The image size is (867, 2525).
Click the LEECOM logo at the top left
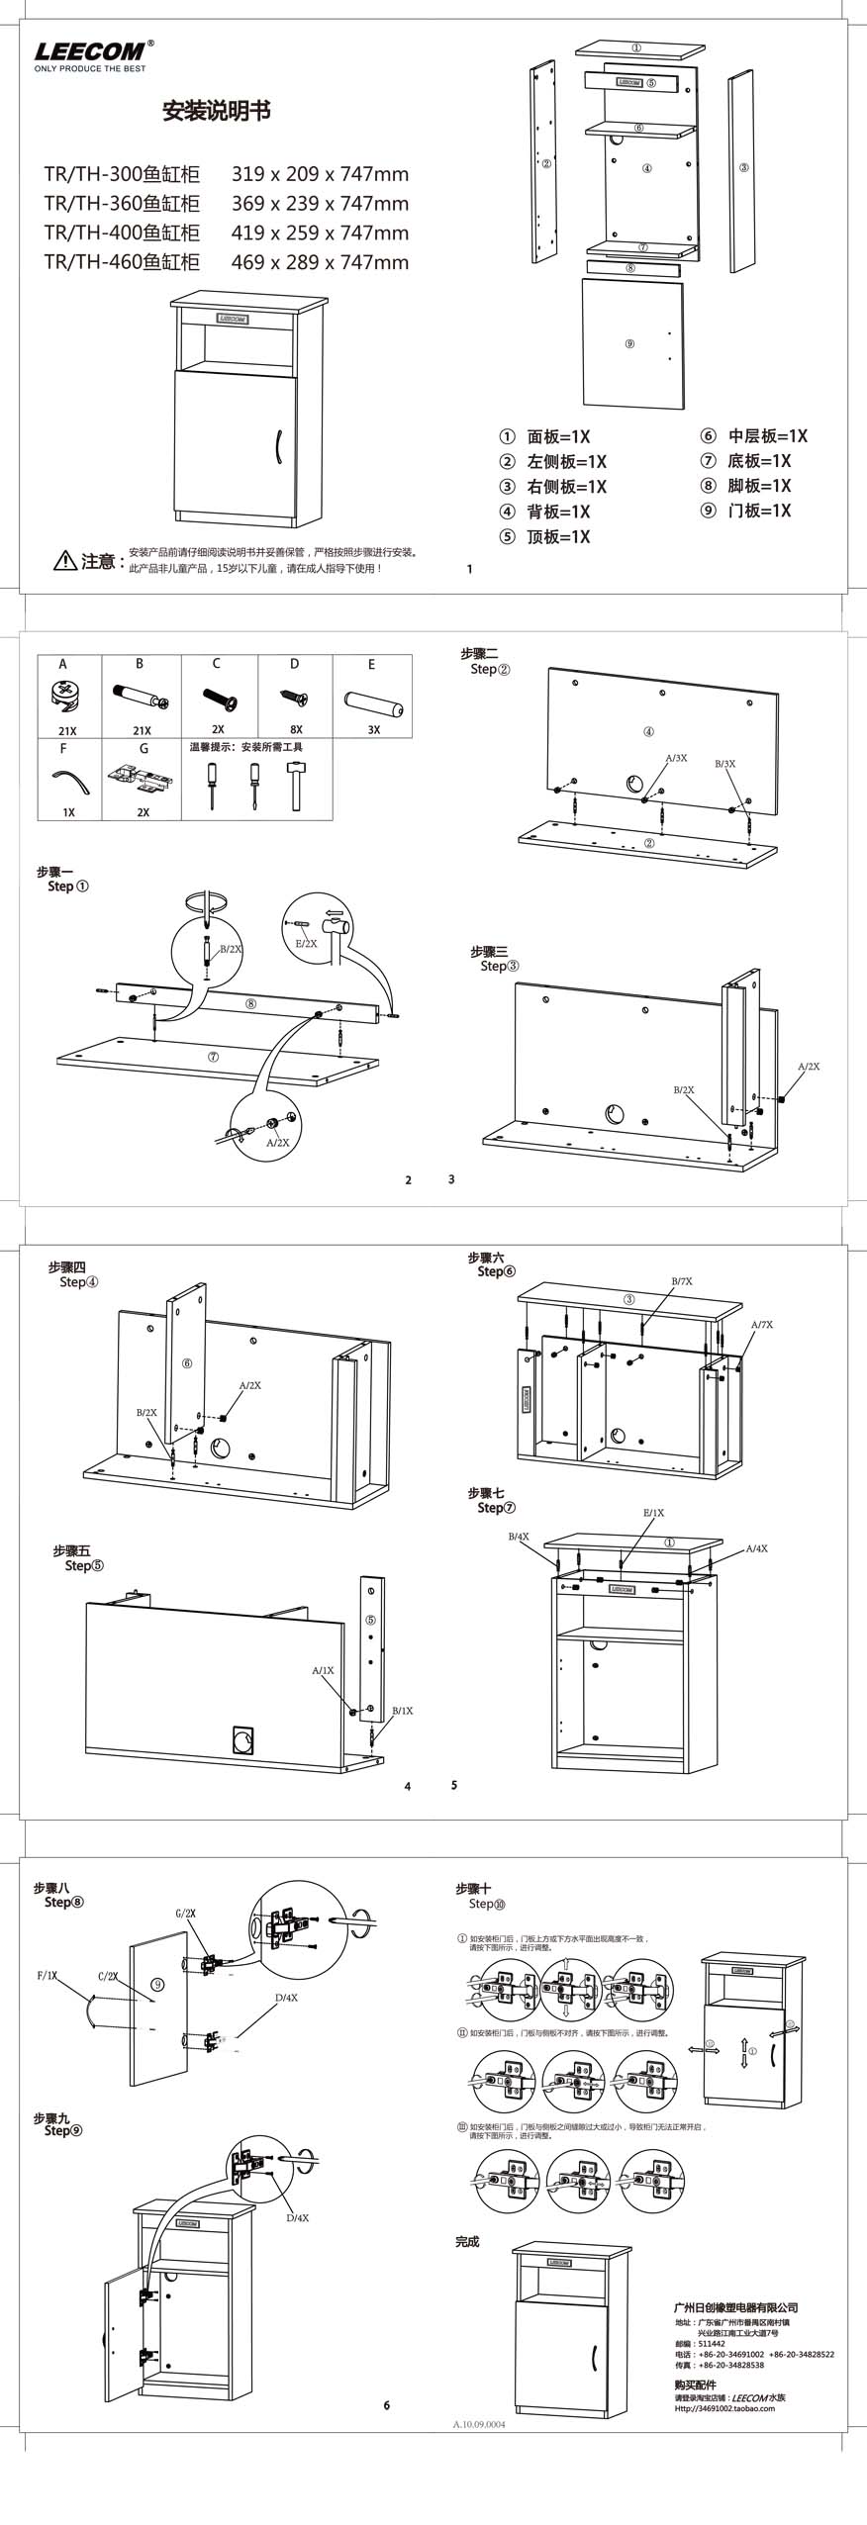[90, 52]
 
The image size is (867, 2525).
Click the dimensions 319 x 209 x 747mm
[320, 174]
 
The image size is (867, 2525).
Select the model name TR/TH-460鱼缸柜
[122, 262]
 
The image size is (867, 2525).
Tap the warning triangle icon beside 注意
[64, 561]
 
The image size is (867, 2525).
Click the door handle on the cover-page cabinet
[280, 446]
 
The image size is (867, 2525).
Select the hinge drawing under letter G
[143, 781]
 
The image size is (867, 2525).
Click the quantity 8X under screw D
[296, 729]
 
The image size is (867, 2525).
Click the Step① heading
[67, 887]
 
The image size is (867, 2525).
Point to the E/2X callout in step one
[307, 943]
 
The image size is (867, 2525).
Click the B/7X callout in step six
[682, 1281]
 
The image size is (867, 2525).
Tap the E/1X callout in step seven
[653, 1513]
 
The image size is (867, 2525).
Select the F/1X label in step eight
[48, 1975]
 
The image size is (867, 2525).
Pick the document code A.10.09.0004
[479, 2417]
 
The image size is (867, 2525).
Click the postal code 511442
[712, 2343]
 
